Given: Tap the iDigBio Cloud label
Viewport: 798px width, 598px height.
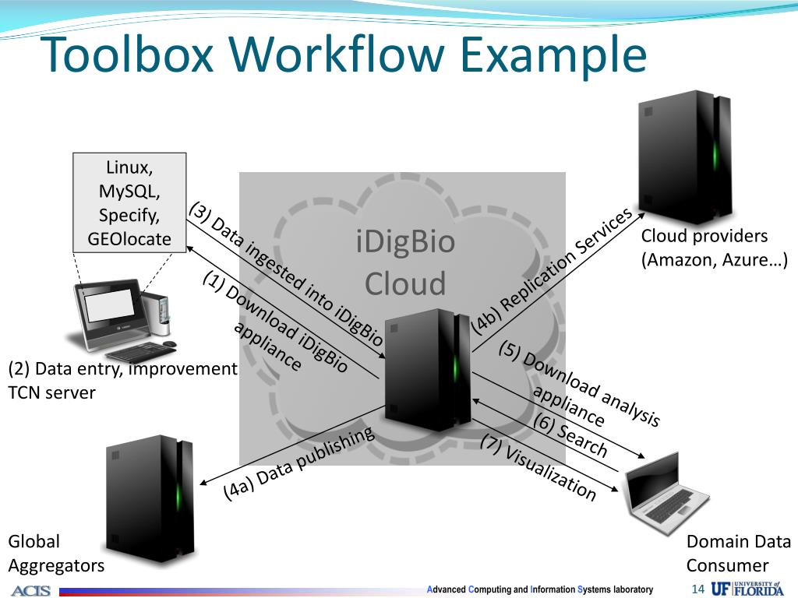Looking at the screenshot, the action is coord(404,262).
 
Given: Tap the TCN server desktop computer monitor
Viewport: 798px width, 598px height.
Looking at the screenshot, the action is coord(109,308).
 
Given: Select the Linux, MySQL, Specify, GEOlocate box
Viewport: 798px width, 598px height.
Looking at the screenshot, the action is coord(129,202).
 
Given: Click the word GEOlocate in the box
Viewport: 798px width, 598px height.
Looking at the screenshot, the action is coord(129,239).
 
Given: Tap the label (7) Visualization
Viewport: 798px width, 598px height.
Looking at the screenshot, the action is coord(538,466).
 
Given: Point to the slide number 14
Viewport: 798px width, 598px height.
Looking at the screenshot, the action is coord(697,589).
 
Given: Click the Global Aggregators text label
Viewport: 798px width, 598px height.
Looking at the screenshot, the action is coord(55,553).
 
